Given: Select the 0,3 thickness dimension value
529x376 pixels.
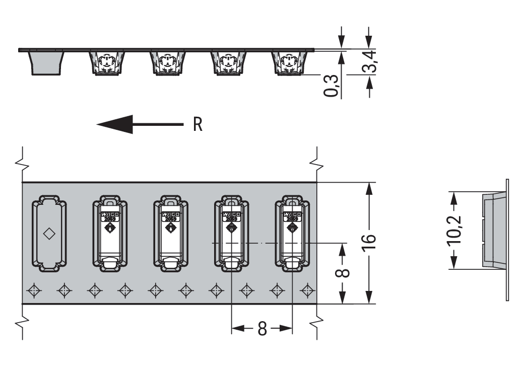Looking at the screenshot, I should coord(331,85).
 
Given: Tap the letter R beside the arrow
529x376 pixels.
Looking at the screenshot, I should coord(197,124).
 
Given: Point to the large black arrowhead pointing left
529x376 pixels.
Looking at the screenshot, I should coord(116,124).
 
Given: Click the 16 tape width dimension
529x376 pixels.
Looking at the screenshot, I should coord(369,239).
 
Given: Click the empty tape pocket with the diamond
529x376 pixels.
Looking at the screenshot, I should coord(49,235).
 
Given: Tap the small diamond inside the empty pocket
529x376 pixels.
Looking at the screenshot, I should coord(49,234).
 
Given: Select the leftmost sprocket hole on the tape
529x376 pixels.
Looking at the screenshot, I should coord(34,290).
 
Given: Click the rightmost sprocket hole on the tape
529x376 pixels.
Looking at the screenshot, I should coord(307,290).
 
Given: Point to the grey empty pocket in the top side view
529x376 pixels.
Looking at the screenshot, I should coord(47,62).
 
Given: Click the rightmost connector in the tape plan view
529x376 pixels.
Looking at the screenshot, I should coord(292,235).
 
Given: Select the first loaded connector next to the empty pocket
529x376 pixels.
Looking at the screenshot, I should coord(109,235).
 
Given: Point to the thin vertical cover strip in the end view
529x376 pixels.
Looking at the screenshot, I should coord(507,240).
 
